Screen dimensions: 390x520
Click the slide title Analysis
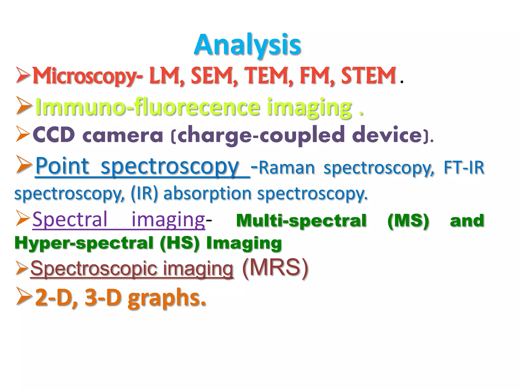248,45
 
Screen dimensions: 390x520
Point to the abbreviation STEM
368,75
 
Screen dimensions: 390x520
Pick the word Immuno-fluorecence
148,107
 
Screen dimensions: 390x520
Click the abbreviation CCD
54,135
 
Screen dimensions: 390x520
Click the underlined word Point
62,166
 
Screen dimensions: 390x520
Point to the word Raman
287,168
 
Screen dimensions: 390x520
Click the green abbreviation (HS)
180,243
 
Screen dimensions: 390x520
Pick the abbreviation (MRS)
275,268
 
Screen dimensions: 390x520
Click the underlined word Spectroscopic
94,269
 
